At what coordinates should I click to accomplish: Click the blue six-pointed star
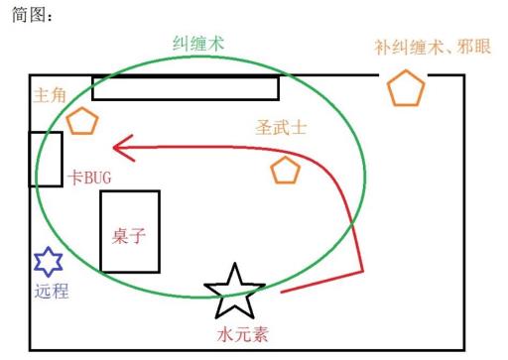tap(48, 263)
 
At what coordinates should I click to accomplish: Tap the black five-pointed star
tap(235, 290)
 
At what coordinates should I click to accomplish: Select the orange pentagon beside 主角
tap(82, 122)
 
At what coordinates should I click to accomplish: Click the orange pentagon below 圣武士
tap(285, 171)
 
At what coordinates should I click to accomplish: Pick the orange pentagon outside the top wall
tap(405, 88)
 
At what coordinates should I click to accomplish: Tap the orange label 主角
tap(51, 96)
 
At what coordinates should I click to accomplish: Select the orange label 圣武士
tap(279, 128)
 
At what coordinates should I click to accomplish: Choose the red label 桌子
tap(129, 236)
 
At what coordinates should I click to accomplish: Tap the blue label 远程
tap(52, 292)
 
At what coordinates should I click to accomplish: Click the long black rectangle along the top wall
tap(186, 87)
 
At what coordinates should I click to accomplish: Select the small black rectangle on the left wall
tap(45, 158)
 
